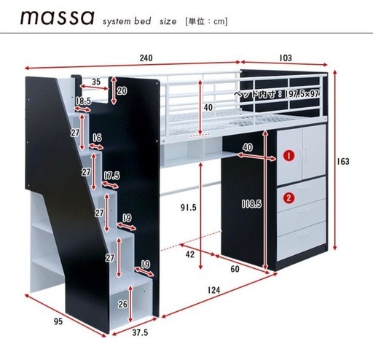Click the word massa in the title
tap(58, 17)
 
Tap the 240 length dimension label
tap(146, 58)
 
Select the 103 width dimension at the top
tap(286, 58)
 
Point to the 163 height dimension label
tap(343, 161)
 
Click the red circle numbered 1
tap(288, 156)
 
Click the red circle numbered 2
tap(288, 198)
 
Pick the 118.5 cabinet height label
tap(251, 204)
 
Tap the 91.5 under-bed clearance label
tap(189, 207)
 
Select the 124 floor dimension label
tap(213, 290)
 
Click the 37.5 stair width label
tap(140, 332)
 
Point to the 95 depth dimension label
tap(58, 321)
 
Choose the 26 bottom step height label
tap(123, 304)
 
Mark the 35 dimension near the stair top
tap(96, 82)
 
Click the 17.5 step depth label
tap(112, 176)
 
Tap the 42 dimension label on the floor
tap(190, 254)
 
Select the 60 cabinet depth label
tap(235, 269)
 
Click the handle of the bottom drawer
tap(302, 233)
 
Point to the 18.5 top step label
tap(83, 101)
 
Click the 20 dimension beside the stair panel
tap(122, 91)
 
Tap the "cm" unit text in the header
tap(219, 21)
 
